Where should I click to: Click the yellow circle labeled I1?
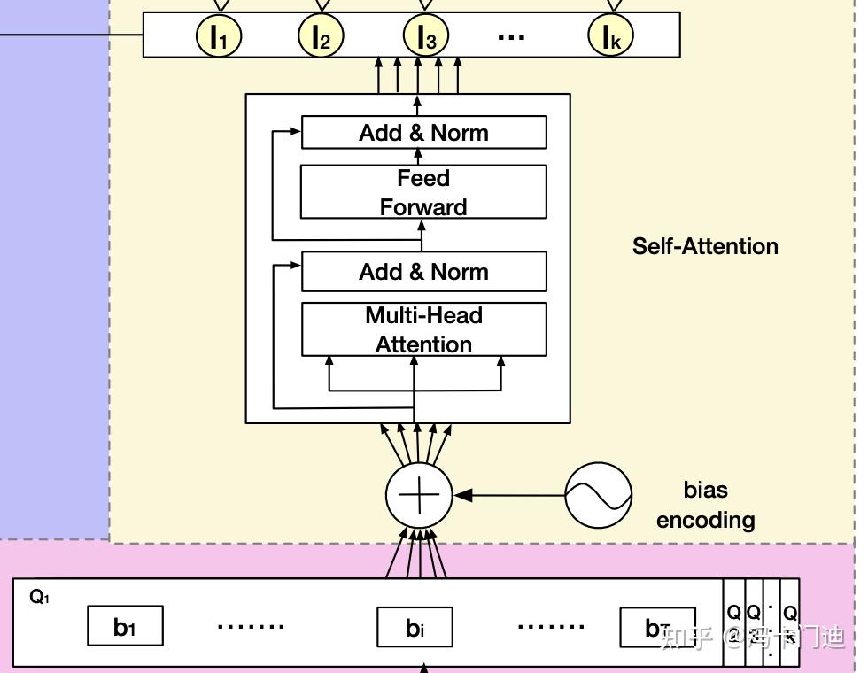pyautogui.click(x=218, y=36)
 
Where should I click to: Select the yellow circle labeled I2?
pyautogui.click(x=321, y=36)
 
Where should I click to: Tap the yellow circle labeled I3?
pyautogui.click(x=426, y=36)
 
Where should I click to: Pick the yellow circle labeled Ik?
pyautogui.click(x=611, y=36)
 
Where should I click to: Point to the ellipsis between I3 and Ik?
pyautogui.click(x=512, y=37)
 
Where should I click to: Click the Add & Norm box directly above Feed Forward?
pyautogui.click(x=423, y=133)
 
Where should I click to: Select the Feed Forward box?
pyautogui.click(x=423, y=192)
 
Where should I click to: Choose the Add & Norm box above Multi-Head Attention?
pyautogui.click(x=423, y=272)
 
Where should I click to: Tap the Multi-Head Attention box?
pyautogui.click(x=423, y=329)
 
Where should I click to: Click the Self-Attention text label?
pyautogui.click(x=705, y=246)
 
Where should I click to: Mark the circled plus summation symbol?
pyautogui.click(x=419, y=494)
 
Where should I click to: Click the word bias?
pyautogui.click(x=705, y=490)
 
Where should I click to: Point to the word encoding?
pyautogui.click(x=705, y=520)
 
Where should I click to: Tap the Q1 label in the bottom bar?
pyautogui.click(x=40, y=597)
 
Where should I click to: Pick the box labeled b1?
pyautogui.click(x=125, y=627)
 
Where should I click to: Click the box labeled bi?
pyautogui.click(x=415, y=627)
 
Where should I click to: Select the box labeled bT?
pyautogui.click(x=656, y=627)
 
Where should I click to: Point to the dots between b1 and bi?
pyautogui.click(x=251, y=626)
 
